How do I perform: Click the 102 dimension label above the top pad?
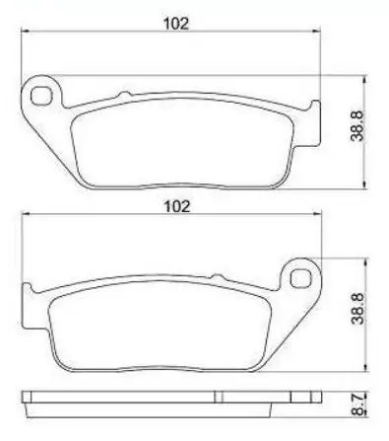click(176, 24)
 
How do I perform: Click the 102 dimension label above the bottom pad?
click(176, 206)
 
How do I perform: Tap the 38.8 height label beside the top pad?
click(357, 126)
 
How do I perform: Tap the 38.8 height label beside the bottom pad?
click(357, 309)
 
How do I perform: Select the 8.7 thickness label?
click(357, 404)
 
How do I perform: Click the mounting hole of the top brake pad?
click(41, 96)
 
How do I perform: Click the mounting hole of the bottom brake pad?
click(301, 279)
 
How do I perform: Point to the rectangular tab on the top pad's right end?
click(314, 123)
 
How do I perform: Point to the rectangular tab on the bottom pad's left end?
click(28, 306)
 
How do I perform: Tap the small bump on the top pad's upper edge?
click(124, 95)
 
